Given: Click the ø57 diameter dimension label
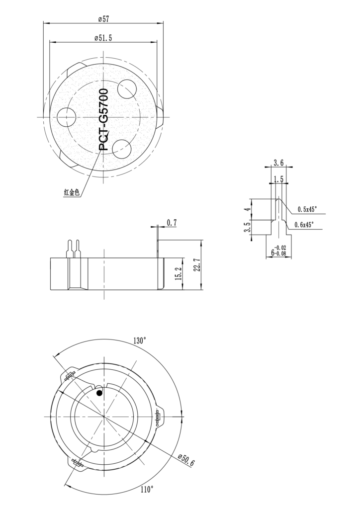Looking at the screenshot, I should coord(103,19).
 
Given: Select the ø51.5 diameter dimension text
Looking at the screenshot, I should coord(103,38).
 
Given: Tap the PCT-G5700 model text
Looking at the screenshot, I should coord(103,120).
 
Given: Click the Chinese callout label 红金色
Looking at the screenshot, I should coord(72,193).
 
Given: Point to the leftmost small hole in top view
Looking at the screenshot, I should coord(66,117).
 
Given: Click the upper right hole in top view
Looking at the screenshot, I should coord(127,89).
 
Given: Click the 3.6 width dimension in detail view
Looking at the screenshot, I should coord(278,163).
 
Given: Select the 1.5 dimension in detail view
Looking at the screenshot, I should coord(278,178).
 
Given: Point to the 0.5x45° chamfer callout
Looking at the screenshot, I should coord(307,209).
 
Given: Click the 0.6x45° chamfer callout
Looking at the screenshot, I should coord(304,225).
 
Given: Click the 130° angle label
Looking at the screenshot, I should coord(140,341).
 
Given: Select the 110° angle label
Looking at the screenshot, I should coord(146,490).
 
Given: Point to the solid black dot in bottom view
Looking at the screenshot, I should coord(99,393).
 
